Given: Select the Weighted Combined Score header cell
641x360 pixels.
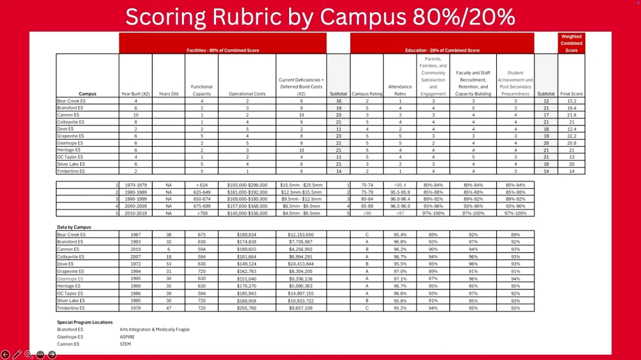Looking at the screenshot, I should click(x=571, y=44).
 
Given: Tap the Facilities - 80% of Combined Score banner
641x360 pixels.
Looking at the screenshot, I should click(x=222, y=50).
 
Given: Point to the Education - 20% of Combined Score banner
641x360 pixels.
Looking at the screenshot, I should click(x=442, y=50).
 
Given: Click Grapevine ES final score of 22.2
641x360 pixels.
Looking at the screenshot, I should click(x=571, y=136).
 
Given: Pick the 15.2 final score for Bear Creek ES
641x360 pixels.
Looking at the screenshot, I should click(x=571, y=101).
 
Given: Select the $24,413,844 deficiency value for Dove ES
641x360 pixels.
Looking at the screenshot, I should click(x=301, y=264).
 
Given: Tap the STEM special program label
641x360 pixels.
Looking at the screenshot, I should click(x=125, y=344).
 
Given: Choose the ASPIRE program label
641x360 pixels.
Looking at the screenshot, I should click(x=127, y=336).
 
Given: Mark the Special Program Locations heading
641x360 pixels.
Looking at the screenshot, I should click(x=85, y=322).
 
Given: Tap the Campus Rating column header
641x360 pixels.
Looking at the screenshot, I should click(x=367, y=94).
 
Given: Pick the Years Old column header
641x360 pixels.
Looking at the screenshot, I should click(x=168, y=94).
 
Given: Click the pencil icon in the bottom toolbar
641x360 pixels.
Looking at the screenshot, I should click(x=17, y=354).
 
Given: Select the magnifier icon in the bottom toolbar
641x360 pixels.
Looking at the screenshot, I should click(x=29, y=354).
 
